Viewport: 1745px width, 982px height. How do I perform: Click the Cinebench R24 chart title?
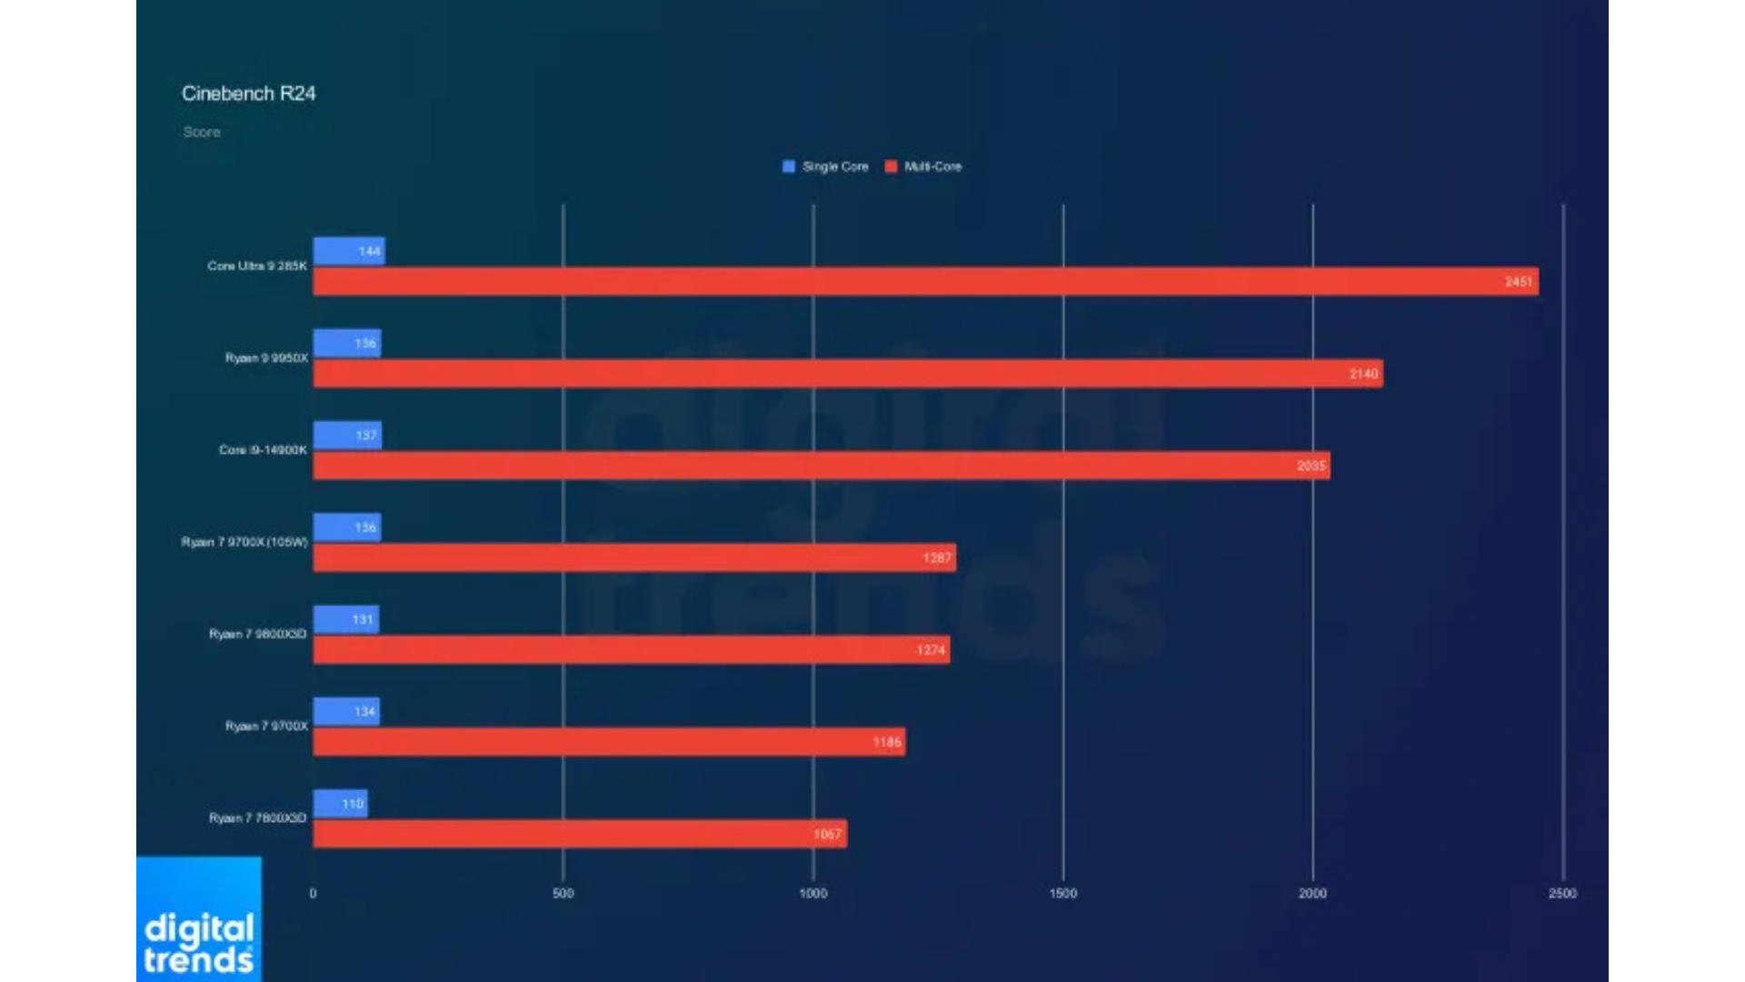(x=248, y=94)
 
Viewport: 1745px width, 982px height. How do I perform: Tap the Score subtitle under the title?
(x=202, y=132)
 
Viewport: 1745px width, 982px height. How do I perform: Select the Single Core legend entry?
(x=825, y=166)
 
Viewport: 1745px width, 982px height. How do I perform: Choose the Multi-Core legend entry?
(x=923, y=166)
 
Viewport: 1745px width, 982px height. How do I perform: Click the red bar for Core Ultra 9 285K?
(x=909, y=282)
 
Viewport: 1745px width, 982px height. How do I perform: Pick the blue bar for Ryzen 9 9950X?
(x=346, y=344)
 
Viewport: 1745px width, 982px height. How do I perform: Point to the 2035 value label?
(x=1311, y=466)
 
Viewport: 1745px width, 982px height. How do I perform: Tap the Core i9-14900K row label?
(x=263, y=450)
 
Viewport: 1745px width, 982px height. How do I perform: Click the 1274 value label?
(x=931, y=650)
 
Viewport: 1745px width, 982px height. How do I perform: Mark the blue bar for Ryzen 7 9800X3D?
(x=345, y=620)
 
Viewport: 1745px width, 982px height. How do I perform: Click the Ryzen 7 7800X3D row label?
(x=257, y=818)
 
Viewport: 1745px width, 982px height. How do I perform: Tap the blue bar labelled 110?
(x=340, y=804)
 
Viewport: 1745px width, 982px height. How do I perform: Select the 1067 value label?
(x=827, y=834)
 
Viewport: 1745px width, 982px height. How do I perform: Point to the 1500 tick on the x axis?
(x=1062, y=894)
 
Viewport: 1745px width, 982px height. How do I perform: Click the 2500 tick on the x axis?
(x=1562, y=894)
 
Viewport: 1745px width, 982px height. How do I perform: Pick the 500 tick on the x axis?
(x=563, y=894)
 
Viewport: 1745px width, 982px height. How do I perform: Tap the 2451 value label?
(x=1518, y=282)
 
